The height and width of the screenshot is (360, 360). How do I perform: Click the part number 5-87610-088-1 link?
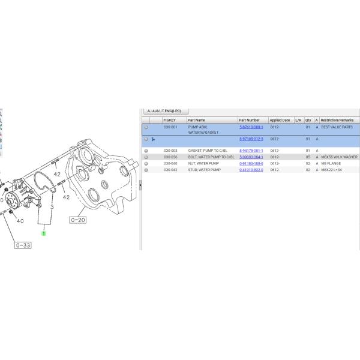(251, 127)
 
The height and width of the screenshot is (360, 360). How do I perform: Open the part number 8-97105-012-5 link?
(251, 139)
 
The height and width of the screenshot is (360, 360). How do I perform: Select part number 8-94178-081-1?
(251, 151)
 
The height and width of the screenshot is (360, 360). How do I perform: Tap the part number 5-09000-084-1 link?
(251, 157)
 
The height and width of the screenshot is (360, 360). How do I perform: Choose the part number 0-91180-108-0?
(251, 163)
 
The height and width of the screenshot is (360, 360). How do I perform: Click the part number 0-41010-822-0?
(251, 170)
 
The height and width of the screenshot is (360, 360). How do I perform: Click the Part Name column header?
(196, 120)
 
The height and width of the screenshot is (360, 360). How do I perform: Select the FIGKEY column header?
(169, 120)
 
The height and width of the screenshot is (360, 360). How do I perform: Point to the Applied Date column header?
(280, 120)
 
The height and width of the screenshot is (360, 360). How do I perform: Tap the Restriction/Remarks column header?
(337, 120)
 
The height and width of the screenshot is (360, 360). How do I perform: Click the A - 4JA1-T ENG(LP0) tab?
(166, 111)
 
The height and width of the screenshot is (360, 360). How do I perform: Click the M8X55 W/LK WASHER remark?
(339, 157)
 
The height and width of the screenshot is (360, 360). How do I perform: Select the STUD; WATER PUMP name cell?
(205, 170)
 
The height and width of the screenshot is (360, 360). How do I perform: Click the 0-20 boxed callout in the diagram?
(79, 220)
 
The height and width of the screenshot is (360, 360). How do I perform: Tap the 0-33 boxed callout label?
(23, 245)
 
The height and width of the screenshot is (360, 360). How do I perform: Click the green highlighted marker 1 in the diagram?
(44, 233)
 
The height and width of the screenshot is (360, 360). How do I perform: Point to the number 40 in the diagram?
(20, 221)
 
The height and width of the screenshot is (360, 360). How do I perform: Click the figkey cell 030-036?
(170, 157)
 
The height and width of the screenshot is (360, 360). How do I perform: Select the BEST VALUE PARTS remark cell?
(337, 127)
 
